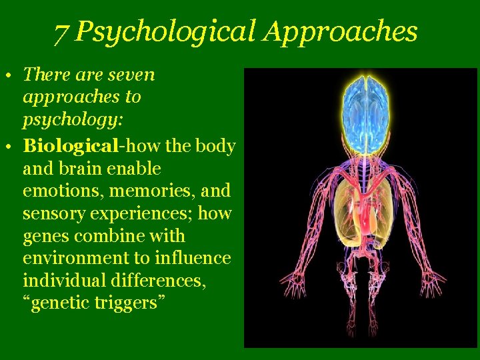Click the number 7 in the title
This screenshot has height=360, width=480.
coord(61,32)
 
